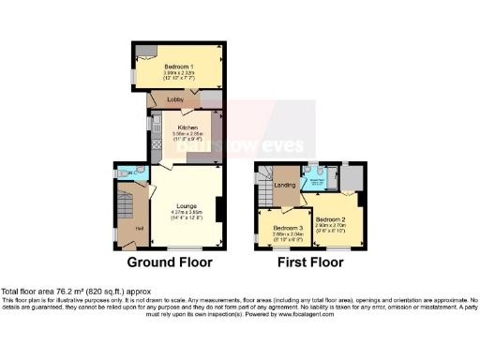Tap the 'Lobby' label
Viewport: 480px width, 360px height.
[x=174, y=98]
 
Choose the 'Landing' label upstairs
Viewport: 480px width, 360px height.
[x=285, y=186]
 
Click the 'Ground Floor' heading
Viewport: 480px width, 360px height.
[x=170, y=262]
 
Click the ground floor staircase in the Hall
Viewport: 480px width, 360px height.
[x=127, y=202]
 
